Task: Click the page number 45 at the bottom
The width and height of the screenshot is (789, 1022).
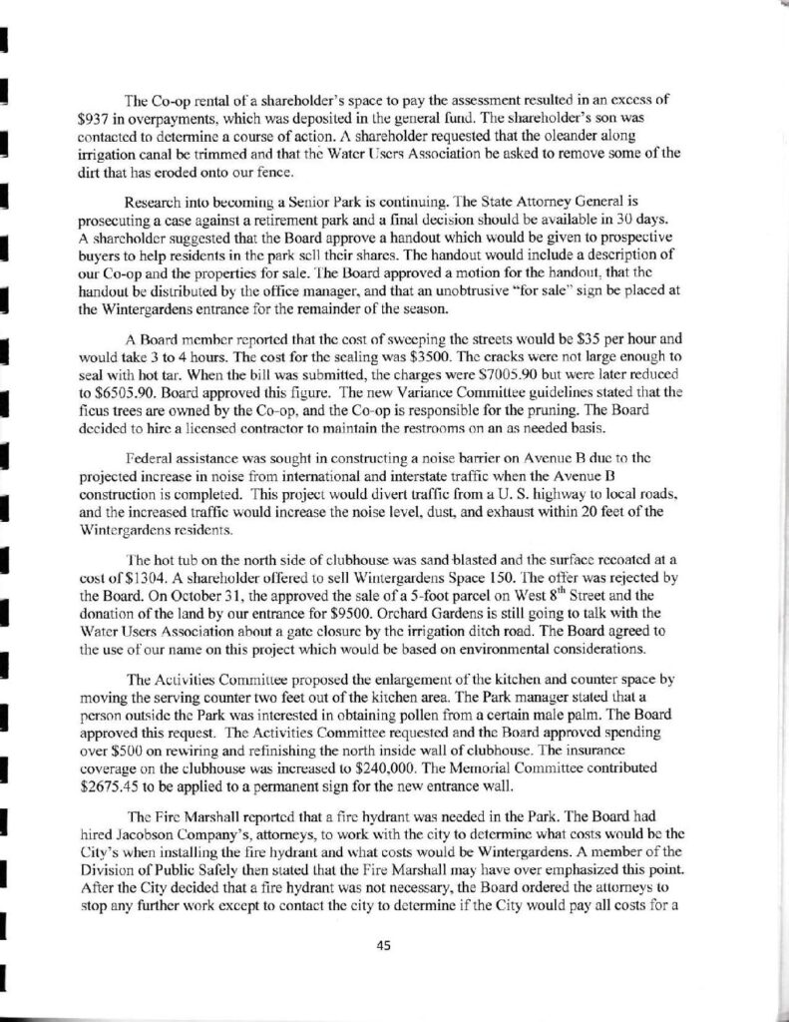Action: click(x=395, y=948)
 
